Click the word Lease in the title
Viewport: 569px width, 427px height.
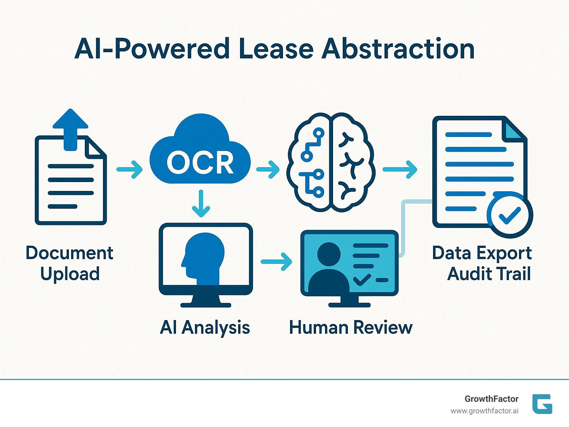tap(276, 49)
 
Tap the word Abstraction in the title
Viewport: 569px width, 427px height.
tap(398, 49)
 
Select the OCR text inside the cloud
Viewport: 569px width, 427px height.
tap(200, 162)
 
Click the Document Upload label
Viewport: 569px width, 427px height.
tap(70, 263)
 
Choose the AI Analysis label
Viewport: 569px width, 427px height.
tap(205, 327)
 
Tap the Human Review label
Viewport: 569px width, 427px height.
tap(350, 327)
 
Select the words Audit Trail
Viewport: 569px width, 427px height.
tap(489, 274)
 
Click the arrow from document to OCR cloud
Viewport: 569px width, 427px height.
tap(129, 169)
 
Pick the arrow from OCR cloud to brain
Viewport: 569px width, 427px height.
tap(268, 169)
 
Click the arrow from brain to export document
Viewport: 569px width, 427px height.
tap(400, 169)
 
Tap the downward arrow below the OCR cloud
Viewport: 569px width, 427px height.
tap(201, 204)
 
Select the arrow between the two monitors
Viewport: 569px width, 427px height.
tap(276, 262)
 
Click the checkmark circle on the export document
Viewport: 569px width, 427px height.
tap(510, 215)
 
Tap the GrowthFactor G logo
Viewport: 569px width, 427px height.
tap(542, 404)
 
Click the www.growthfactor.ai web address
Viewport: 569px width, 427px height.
tap(484, 411)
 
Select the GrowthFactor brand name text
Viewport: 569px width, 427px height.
tap(491, 399)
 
